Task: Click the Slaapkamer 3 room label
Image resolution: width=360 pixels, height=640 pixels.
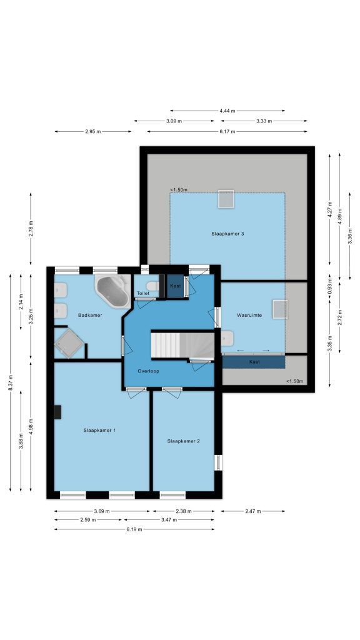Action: click(x=227, y=234)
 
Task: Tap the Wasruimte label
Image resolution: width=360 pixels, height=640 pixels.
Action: click(x=249, y=315)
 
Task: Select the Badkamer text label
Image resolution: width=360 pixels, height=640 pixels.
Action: click(x=90, y=315)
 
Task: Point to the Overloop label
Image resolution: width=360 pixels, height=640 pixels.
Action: click(x=148, y=371)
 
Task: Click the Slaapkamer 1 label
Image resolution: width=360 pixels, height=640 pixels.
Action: click(x=99, y=430)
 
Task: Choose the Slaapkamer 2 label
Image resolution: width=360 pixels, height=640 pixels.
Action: click(x=183, y=441)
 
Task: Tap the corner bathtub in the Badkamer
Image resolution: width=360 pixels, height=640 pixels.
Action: click(x=112, y=291)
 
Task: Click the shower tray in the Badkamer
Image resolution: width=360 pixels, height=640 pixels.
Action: click(x=69, y=343)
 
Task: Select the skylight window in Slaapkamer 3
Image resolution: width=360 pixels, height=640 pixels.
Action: click(x=226, y=199)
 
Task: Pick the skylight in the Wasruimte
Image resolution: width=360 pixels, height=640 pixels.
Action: click(x=280, y=309)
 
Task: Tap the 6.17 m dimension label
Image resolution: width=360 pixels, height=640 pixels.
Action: click(x=227, y=131)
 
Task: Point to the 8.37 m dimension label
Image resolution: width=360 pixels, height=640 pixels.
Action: click(x=11, y=382)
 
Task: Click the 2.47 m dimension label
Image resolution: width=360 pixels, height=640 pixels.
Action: click(x=253, y=511)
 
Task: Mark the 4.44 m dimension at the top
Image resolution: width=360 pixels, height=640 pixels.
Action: click(x=227, y=111)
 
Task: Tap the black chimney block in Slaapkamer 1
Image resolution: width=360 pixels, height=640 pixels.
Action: click(x=57, y=412)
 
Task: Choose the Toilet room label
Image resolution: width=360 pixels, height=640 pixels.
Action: click(x=143, y=294)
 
